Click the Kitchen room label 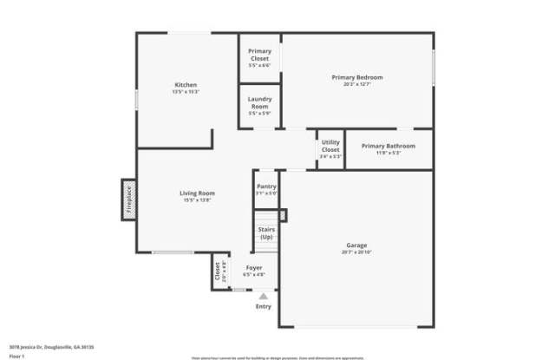point(186,84)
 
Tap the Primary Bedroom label point(356,77)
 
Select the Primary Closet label point(259,55)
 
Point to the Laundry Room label point(259,101)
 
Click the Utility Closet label point(330,146)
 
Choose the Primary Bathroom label point(388,146)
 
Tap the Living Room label point(198,193)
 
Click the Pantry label point(266,187)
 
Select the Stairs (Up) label point(266,233)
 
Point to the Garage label point(356,245)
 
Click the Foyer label point(254,267)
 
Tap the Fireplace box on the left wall point(127,200)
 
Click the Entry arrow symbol point(263,297)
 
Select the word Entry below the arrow point(263,307)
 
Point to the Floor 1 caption point(17,355)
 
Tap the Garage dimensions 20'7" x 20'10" point(356,252)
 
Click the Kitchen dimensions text point(186,91)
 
